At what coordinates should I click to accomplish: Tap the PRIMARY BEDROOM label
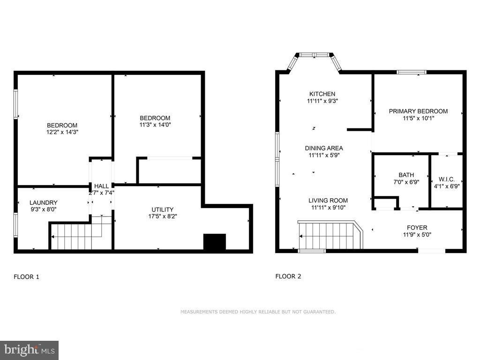pos(418,111)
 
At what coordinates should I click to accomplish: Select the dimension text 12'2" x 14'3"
pos(62,132)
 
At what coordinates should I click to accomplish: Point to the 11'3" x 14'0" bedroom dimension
pos(155,125)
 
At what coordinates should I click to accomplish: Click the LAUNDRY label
pos(43,202)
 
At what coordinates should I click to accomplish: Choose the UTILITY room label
pos(162,210)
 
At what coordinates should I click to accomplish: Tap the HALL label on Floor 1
pos(101,186)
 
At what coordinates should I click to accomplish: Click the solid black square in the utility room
pos(214,241)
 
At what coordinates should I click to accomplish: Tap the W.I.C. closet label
pos(446,179)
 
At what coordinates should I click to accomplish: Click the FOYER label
pos(417,228)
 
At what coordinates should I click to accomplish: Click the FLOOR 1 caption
pos(26,277)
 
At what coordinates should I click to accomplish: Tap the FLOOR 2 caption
pos(288,276)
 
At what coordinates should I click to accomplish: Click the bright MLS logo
pos(29,350)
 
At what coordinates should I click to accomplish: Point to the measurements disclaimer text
pos(258,312)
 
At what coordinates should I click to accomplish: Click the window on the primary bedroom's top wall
pos(411,72)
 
